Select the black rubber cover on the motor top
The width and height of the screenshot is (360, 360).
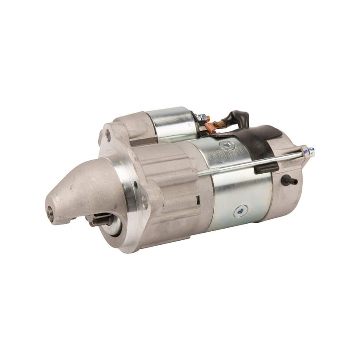click(x=261, y=139)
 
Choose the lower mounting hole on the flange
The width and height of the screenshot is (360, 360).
click(x=144, y=201)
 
